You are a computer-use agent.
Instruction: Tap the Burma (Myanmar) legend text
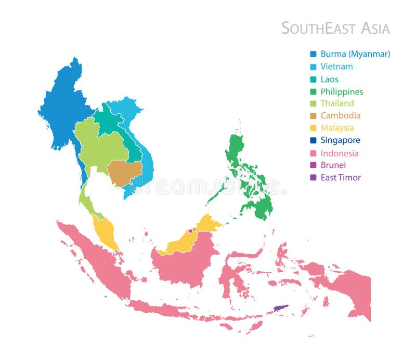(355, 54)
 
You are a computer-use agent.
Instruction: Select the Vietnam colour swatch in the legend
(313, 67)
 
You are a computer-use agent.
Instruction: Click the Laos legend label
(329, 79)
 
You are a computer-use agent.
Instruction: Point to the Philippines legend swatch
(313, 92)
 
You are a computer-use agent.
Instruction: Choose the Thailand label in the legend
(337, 103)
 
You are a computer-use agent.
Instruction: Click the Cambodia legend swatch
(313, 116)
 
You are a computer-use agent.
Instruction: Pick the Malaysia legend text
(337, 128)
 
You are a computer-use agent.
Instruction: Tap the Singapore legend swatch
(313, 140)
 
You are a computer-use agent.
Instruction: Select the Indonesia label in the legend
(339, 153)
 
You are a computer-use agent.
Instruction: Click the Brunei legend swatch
(313, 165)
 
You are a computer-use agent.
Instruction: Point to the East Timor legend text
(340, 178)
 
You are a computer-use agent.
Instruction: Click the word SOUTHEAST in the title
(314, 28)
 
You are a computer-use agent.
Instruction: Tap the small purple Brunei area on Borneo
(191, 230)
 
